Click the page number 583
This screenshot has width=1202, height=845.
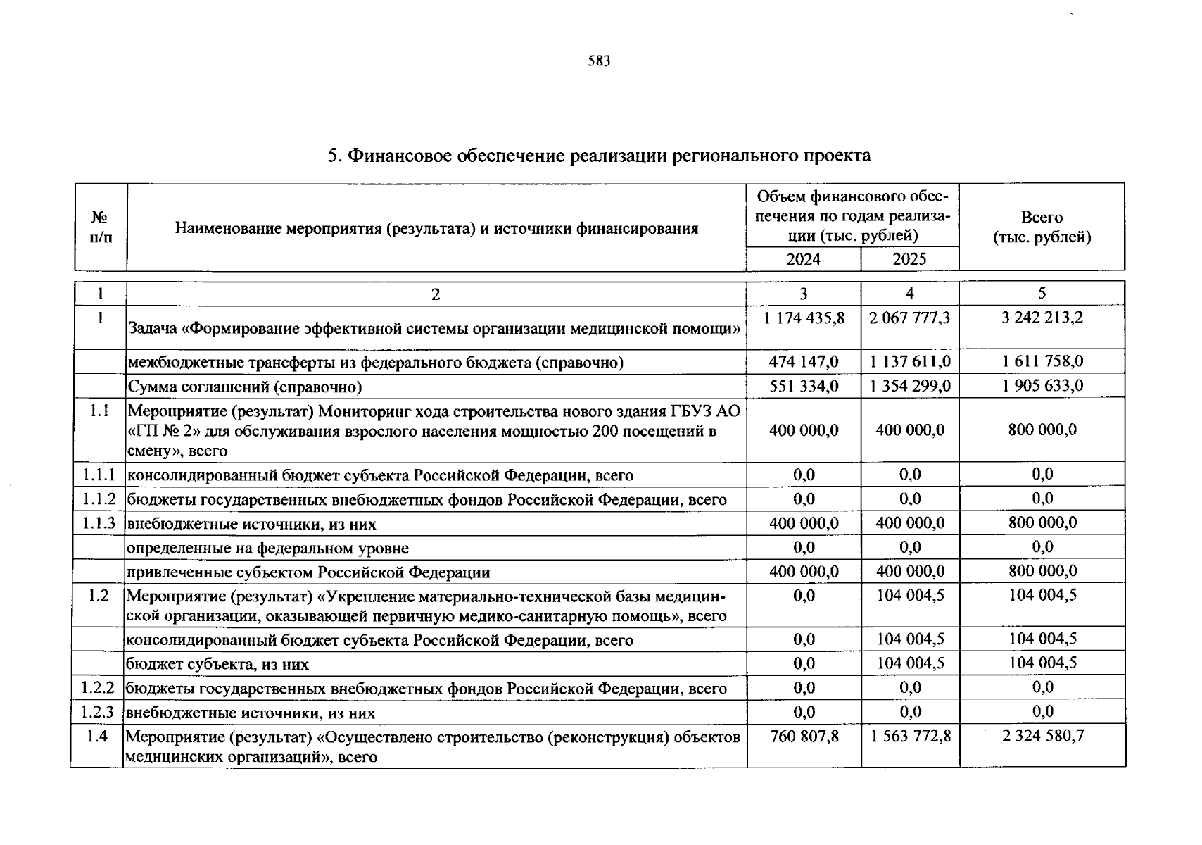599,61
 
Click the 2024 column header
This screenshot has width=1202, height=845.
803,259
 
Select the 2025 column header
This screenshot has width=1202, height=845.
909,259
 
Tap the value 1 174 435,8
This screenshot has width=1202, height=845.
804,318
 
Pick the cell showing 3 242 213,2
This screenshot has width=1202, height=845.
1042,318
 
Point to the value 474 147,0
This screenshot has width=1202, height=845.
804,362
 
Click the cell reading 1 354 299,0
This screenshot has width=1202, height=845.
909,386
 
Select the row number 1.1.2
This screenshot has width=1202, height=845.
99,499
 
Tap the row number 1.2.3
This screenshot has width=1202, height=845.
98,712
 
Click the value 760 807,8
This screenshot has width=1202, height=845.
804,736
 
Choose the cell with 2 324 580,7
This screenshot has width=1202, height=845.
1043,736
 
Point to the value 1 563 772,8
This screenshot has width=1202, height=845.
909,736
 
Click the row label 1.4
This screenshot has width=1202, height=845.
98,737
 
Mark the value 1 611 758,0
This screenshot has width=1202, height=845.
1042,362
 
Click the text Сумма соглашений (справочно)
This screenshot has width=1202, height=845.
244,387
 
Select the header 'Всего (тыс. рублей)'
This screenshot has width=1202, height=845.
1042,227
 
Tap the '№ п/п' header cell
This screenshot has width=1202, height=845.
101,227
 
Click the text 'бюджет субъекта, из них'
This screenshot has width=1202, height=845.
217,664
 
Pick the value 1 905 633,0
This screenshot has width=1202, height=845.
1042,386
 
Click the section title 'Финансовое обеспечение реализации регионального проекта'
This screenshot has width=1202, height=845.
599,156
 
